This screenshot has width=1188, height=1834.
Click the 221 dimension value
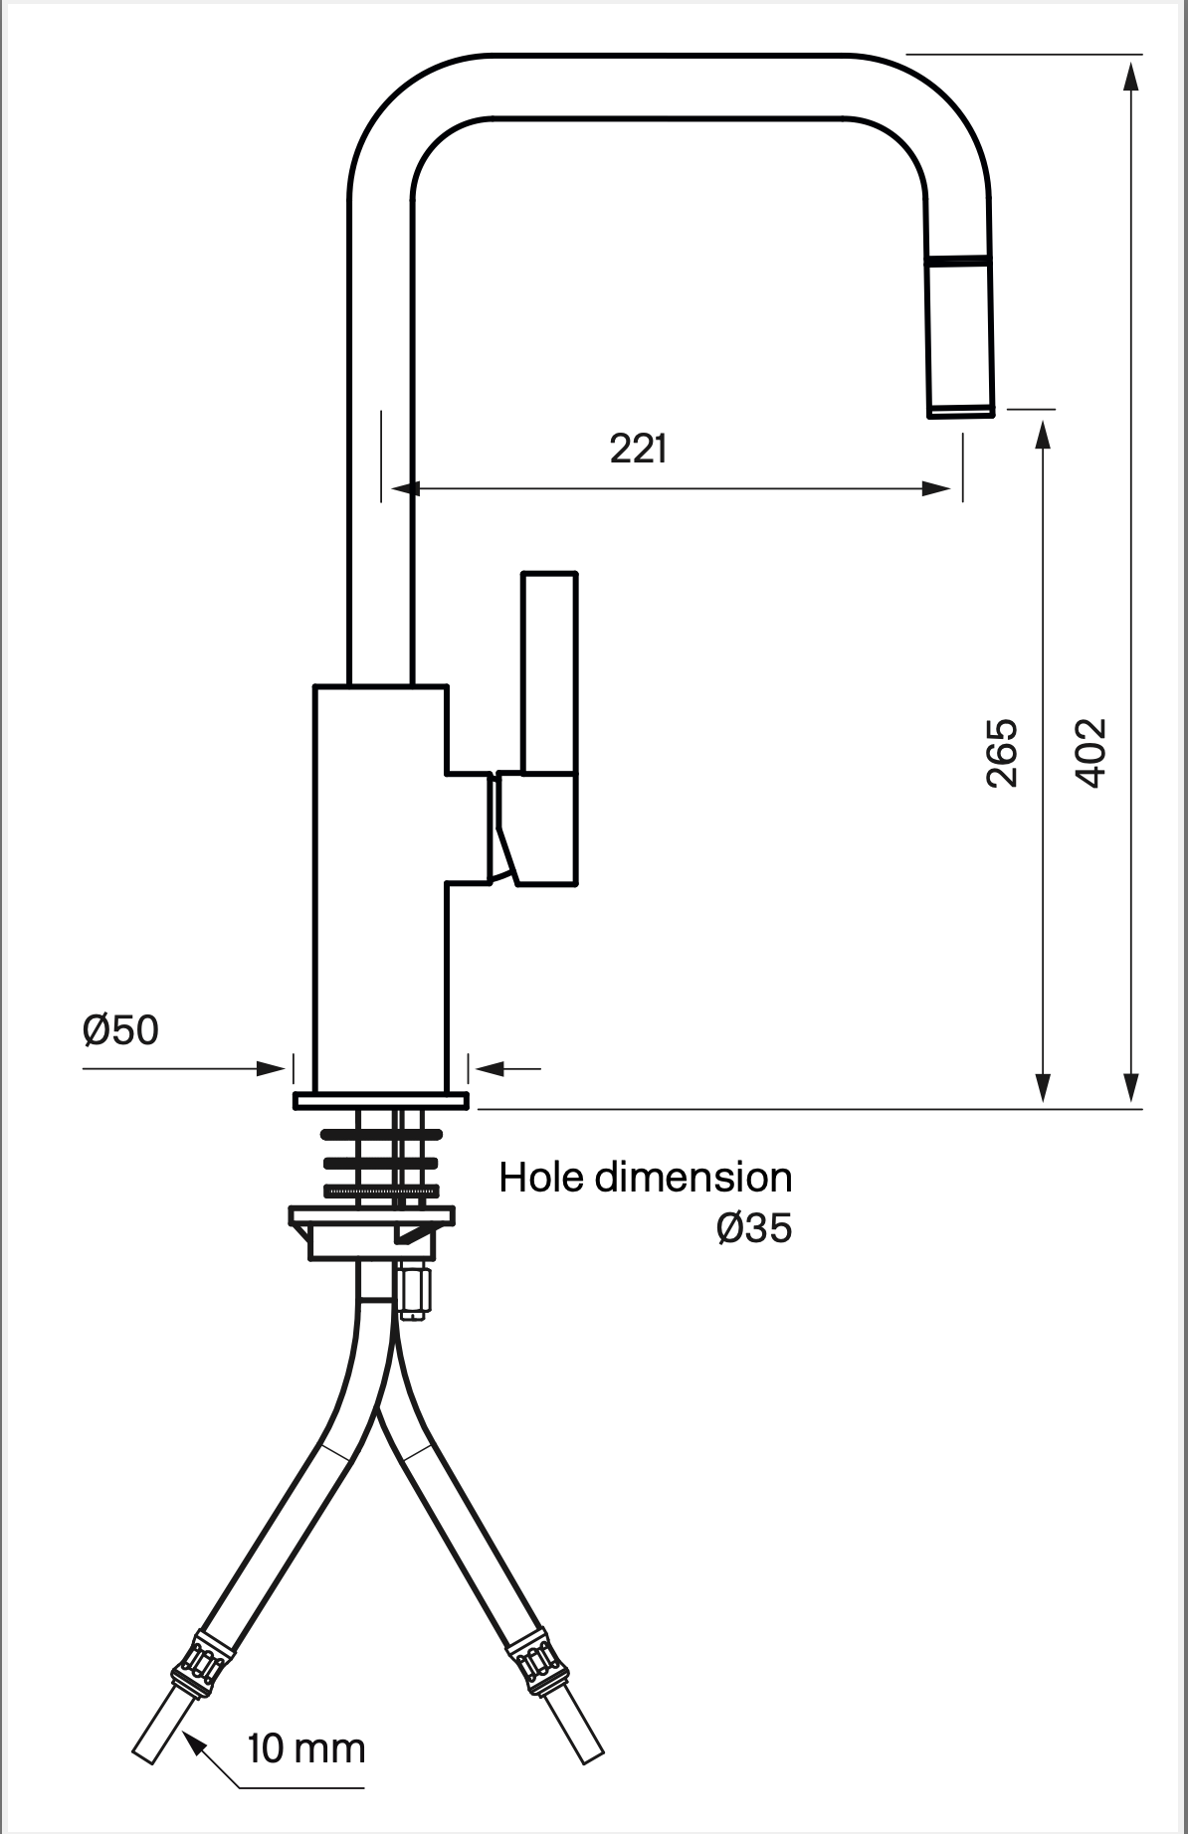638,450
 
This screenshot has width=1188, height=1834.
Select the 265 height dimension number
1002,753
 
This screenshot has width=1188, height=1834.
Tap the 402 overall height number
1091,753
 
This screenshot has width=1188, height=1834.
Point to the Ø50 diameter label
120,1030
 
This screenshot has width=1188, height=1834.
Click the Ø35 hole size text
754,1229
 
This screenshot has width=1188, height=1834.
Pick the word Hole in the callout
542,1178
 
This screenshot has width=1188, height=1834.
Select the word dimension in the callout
693,1178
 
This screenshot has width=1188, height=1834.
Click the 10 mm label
305,1747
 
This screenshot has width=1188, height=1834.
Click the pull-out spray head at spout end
960,338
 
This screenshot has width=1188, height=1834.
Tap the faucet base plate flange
380,1100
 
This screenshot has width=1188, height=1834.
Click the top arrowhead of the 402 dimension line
1131,75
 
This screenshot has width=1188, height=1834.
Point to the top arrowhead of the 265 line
1043,434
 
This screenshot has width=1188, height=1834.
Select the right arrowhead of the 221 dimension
938,488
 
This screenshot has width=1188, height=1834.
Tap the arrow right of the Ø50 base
490,1069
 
